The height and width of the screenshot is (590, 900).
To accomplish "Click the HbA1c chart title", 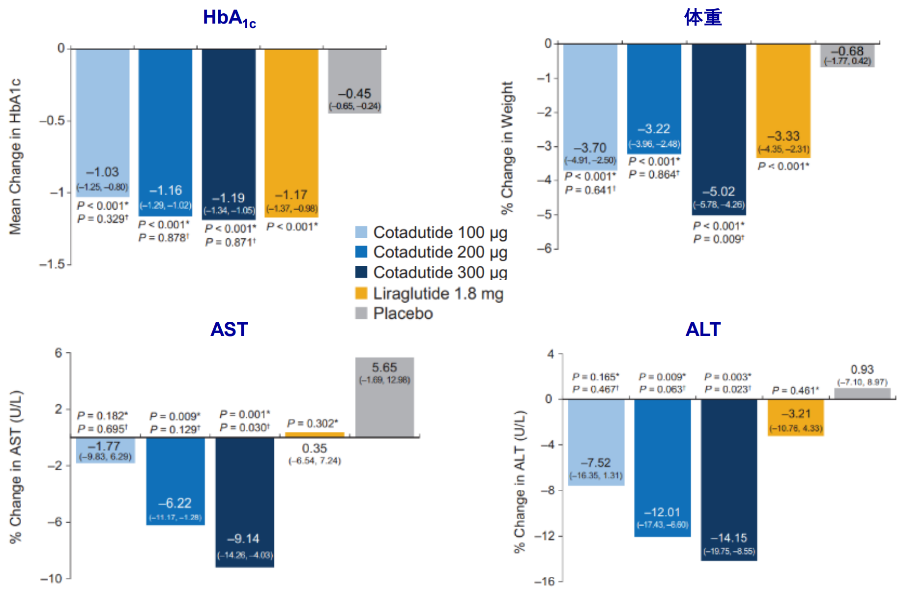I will [229, 18].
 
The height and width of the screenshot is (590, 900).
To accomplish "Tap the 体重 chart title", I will [703, 18].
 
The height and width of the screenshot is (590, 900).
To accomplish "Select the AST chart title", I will [229, 329].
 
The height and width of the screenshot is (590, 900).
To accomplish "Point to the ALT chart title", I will [703, 329].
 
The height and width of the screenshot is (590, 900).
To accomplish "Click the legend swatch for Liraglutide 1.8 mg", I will [361, 293].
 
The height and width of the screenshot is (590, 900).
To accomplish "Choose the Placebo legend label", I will [403, 313].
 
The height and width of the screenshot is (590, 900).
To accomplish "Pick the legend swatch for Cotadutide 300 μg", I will [361, 272].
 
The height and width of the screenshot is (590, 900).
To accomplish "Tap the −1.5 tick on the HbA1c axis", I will [52, 264].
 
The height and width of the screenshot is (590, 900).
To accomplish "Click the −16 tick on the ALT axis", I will [544, 582].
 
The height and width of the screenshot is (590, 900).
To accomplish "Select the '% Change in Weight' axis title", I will [507, 147].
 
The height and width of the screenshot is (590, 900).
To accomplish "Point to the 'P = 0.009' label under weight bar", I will [719, 239].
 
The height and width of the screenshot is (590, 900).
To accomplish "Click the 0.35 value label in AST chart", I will [314, 449].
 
